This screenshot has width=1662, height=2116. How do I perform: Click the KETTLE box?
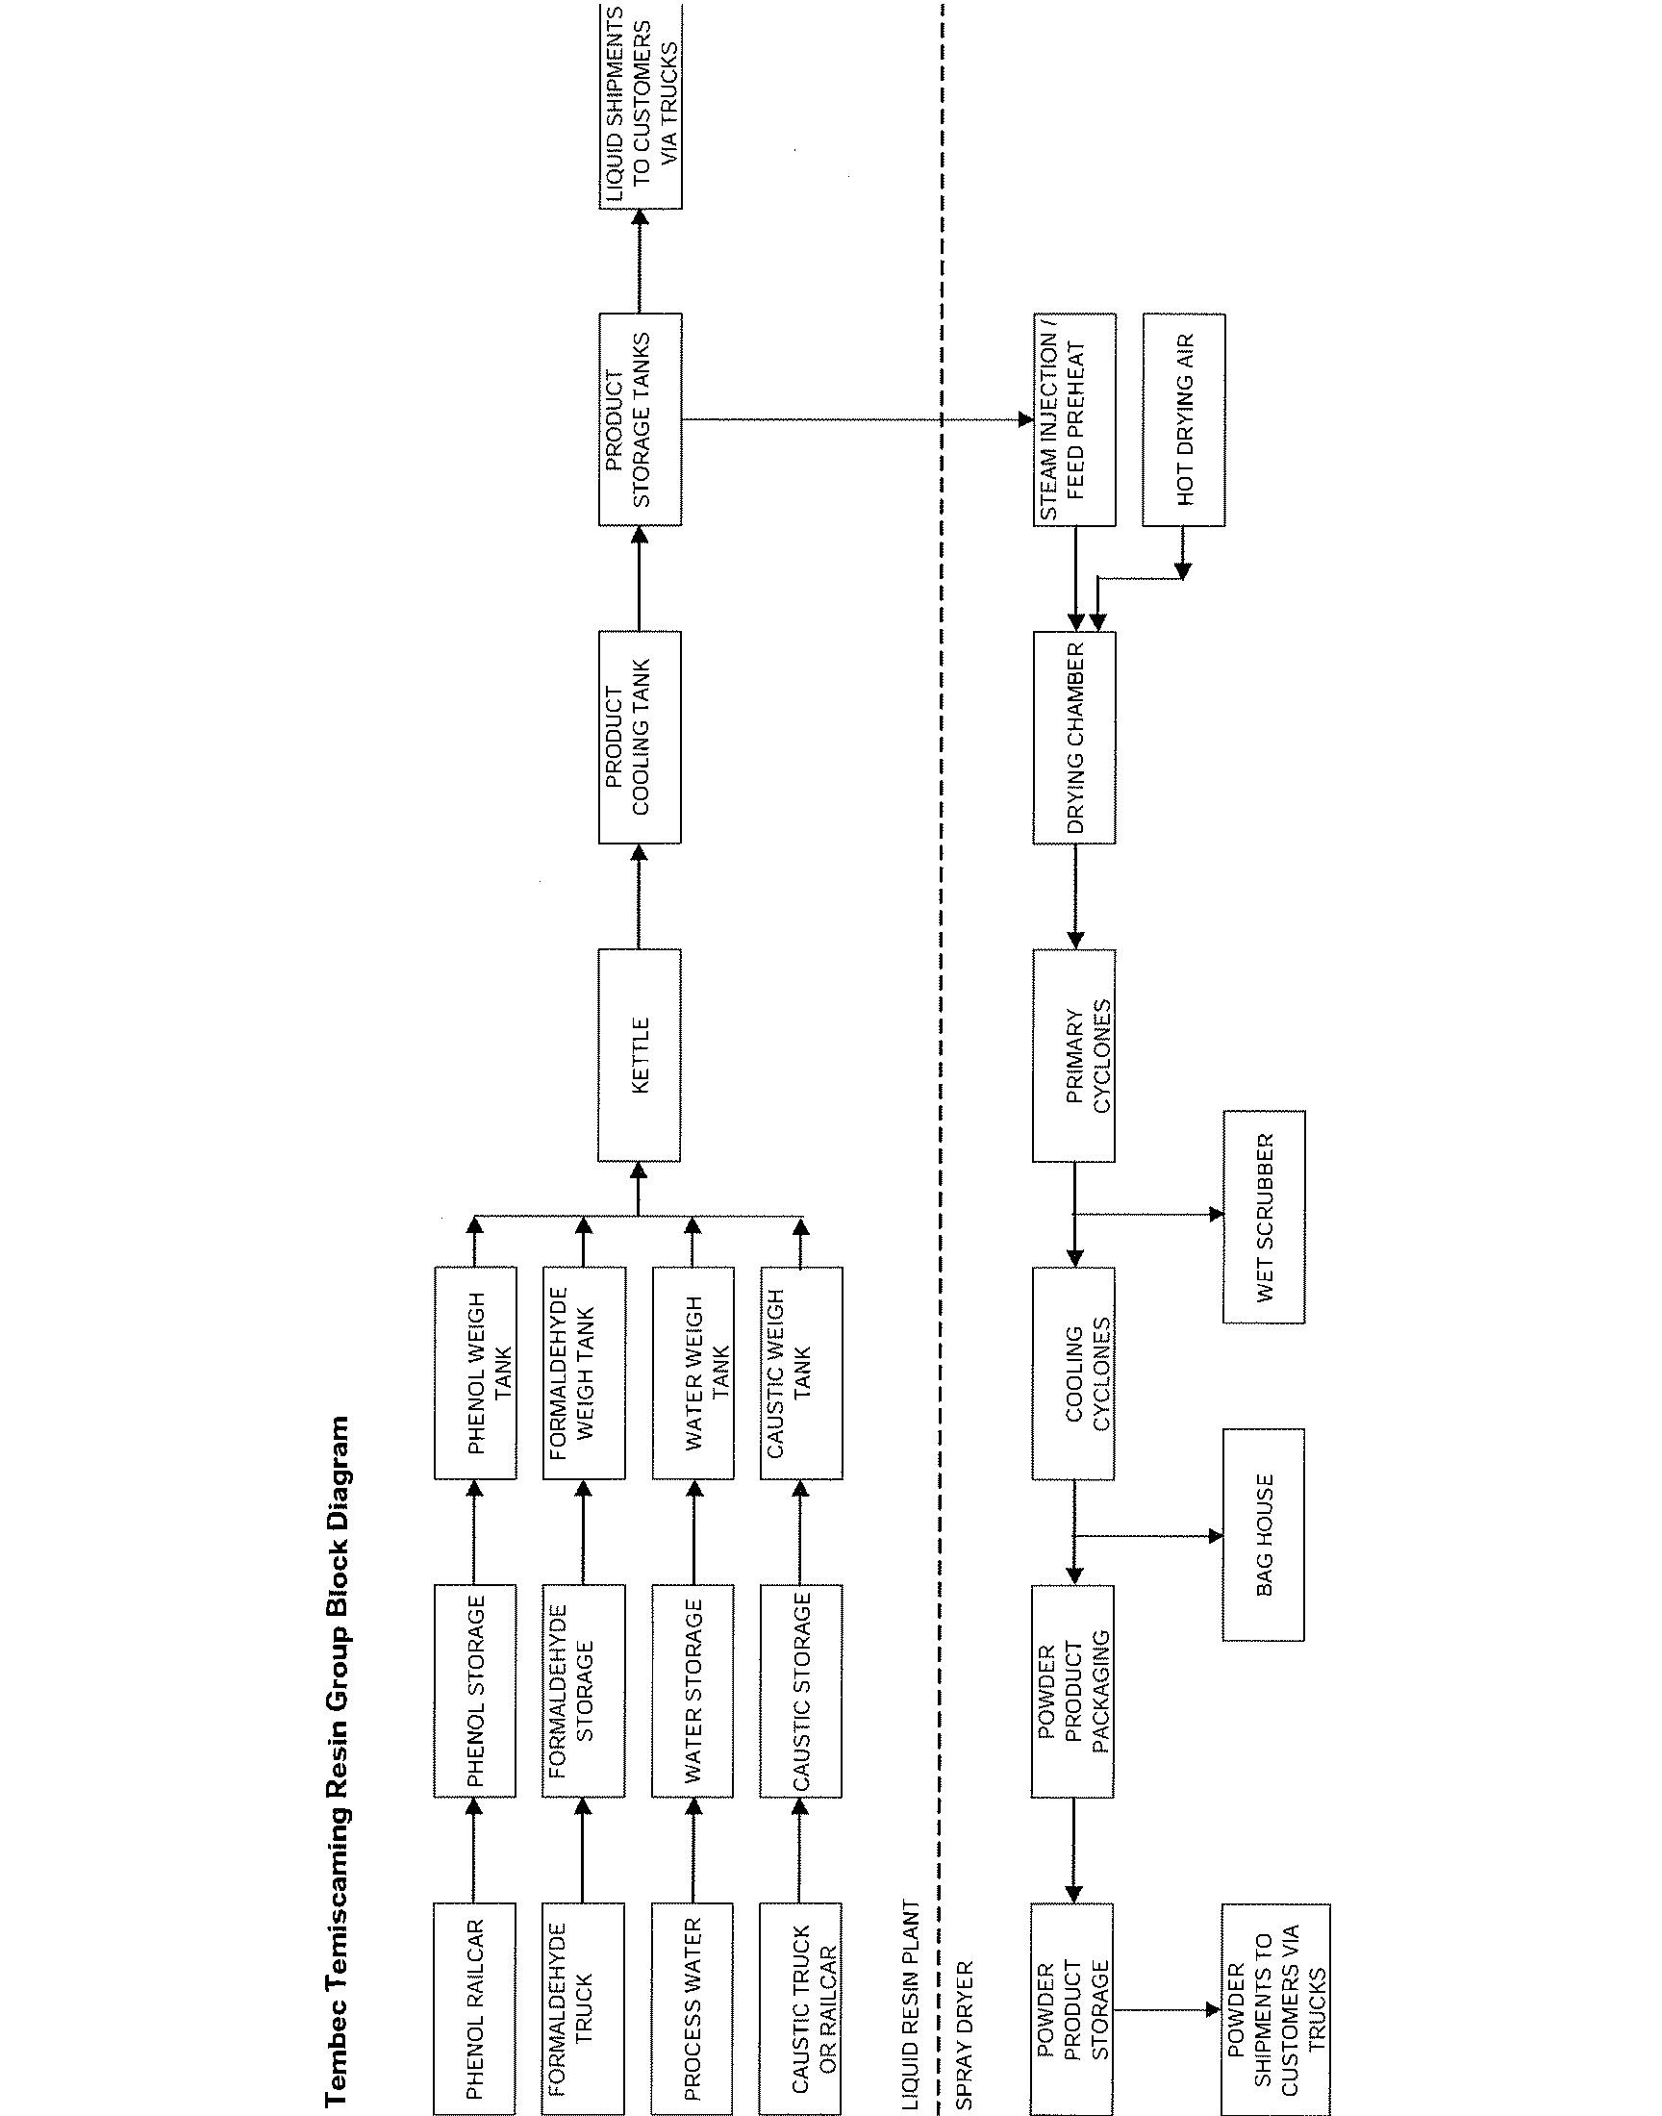640,1055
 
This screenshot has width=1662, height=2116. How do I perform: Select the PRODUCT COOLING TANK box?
640,737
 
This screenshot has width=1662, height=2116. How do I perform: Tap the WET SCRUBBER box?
1263,1217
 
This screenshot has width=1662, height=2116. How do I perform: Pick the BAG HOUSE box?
1263,1535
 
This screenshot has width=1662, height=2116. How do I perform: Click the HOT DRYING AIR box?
1183,419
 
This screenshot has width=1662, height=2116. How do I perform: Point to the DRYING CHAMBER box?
1074,737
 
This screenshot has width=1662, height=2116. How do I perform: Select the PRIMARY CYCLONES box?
1074,1055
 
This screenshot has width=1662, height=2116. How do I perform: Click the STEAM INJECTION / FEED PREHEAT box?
1074,419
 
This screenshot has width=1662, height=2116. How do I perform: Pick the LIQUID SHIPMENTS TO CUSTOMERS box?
640,105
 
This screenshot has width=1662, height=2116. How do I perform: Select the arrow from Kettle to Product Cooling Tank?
640,896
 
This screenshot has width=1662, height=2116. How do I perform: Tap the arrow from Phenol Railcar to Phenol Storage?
474,1850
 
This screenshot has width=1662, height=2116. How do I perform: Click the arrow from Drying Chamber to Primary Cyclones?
1074,896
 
